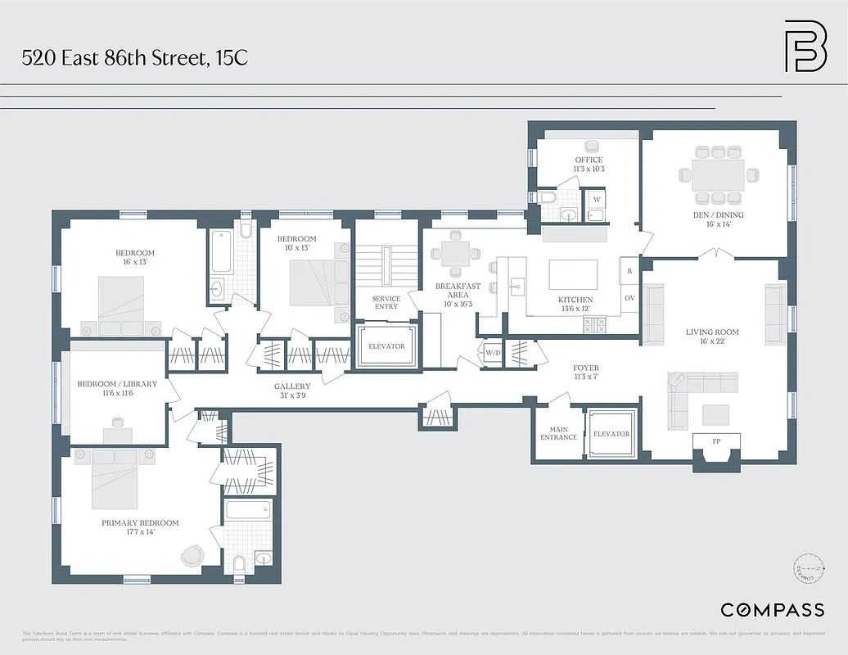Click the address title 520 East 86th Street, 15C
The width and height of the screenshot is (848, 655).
click(135, 58)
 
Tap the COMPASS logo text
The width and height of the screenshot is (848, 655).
click(772, 609)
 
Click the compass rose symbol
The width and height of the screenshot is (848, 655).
click(808, 570)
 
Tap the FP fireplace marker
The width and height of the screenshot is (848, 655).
click(716, 442)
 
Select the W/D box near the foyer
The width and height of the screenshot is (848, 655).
click(493, 353)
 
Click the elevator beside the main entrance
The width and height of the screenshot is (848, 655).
click(611, 434)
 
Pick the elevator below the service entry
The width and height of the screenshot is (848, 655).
click(386, 347)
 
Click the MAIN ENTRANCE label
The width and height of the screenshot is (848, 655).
click(558, 433)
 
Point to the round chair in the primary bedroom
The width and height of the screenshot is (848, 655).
click(192, 555)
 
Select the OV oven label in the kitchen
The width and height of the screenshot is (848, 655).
click(629, 298)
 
